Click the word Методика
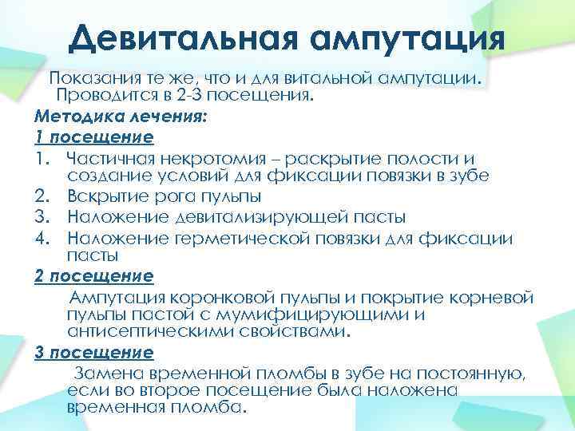click(75, 117)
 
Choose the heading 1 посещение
click(94, 136)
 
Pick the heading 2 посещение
click(94, 277)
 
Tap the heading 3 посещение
click(94, 352)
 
